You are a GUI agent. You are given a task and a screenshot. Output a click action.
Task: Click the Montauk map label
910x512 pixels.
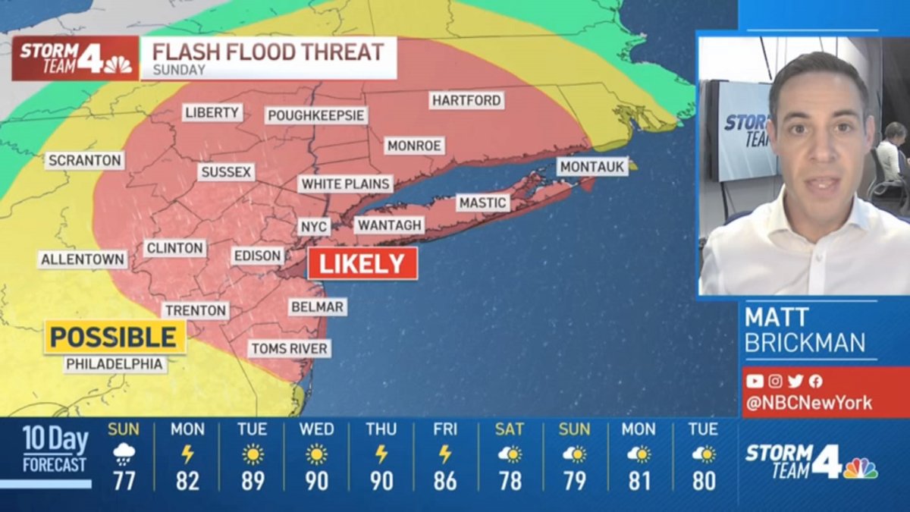[593, 166]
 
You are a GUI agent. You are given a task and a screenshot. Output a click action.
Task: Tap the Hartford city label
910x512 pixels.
[466, 100]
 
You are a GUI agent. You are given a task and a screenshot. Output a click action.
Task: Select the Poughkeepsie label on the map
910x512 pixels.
[316, 115]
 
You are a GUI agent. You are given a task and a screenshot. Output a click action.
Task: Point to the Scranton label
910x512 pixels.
[84, 161]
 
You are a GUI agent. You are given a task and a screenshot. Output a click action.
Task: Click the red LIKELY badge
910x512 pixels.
[362, 263]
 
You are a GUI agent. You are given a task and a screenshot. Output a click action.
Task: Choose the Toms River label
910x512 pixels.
[290, 349]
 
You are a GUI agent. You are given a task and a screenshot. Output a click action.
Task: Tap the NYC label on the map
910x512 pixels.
[313, 227]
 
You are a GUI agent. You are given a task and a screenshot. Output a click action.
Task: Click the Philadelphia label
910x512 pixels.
[115, 364]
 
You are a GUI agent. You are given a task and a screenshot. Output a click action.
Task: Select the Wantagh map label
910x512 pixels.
[390, 225]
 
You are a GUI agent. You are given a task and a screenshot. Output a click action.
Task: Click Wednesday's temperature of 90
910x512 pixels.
[316, 481]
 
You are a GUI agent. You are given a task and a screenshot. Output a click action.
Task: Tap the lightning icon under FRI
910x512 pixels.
[445, 454]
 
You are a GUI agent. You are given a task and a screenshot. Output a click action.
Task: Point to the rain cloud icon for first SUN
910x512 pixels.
[123, 454]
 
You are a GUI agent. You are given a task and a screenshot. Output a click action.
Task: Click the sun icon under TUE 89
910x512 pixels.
[252, 454]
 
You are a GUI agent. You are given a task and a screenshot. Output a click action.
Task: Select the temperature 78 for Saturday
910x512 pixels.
[510, 481]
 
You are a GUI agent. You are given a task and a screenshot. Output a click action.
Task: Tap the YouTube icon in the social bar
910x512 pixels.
[755, 382]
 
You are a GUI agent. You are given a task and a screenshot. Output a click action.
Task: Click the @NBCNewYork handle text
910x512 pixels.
[808, 404]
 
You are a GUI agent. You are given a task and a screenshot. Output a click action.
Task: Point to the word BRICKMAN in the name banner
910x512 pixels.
[805, 343]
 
